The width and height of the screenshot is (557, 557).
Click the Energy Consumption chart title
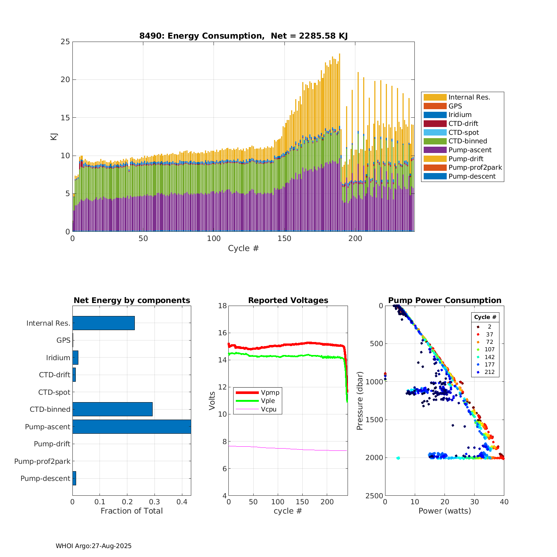[x=243, y=36]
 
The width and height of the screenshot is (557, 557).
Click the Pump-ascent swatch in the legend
[x=435, y=150]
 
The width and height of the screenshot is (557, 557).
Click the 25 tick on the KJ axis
[x=65, y=42]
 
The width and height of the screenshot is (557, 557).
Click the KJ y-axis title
[x=54, y=136]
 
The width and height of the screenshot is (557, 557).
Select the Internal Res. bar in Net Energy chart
[x=103, y=323]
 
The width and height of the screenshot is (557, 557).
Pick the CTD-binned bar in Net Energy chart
[x=112, y=409]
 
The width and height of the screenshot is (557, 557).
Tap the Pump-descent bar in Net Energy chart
[x=74, y=478]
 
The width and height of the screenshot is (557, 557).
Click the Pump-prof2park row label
[x=42, y=461]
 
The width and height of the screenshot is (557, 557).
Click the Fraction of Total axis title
[x=131, y=511]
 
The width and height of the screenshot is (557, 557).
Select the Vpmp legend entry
[x=270, y=392]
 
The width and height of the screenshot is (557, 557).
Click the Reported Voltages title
[x=288, y=300]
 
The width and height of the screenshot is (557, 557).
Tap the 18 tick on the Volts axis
[x=222, y=306]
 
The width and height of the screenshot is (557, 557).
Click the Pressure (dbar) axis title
[x=359, y=400]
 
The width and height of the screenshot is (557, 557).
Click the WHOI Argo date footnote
[x=94, y=546]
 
